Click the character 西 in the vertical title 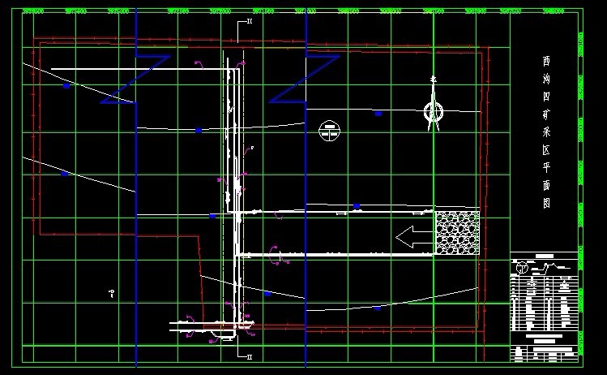(x=547, y=61)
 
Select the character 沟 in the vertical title (x=547, y=80)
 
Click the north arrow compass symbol (x=434, y=112)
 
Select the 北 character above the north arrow (x=434, y=80)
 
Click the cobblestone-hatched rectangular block (x=457, y=233)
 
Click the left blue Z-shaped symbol (x=135, y=80)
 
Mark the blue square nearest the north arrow (x=378, y=114)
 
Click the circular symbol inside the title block (x=523, y=267)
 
